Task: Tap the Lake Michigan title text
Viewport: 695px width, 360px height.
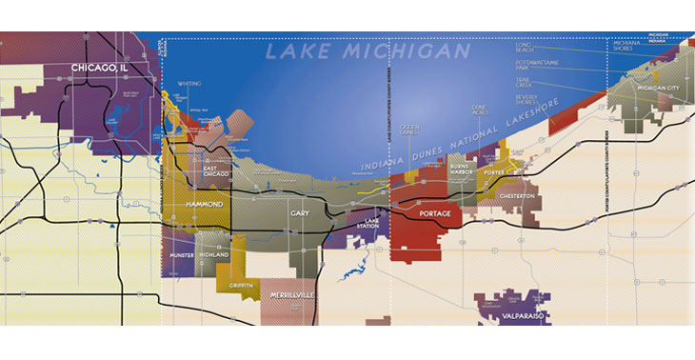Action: pyautogui.click(x=367, y=50)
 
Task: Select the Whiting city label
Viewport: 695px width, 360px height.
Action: pyautogui.click(x=189, y=84)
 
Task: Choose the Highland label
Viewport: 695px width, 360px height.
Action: pyautogui.click(x=214, y=256)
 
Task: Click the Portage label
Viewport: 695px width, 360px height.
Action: pyautogui.click(x=434, y=214)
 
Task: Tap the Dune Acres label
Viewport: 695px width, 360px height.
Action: pyautogui.click(x=481, y=111)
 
